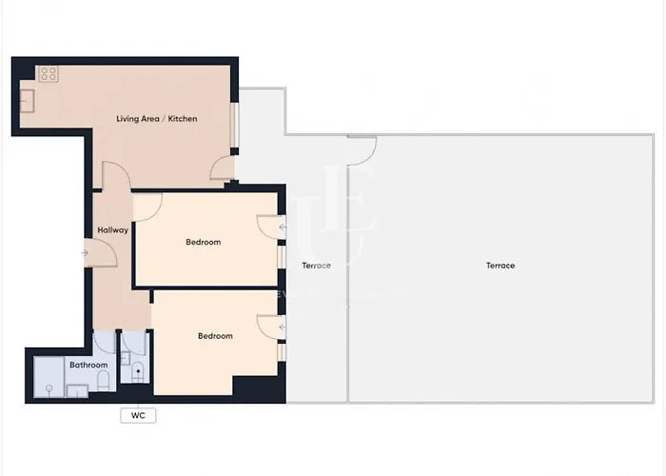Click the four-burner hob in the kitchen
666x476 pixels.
coord(49,73)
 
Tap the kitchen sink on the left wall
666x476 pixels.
coord(28,99)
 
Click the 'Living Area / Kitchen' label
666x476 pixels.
coord(157,119)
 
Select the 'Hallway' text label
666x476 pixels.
coord(112,230)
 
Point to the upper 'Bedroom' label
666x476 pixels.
coord(203,242)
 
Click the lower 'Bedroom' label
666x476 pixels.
coord(215,335)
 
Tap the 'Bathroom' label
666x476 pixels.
coord(88,365)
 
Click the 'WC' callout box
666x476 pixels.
coord(138,415)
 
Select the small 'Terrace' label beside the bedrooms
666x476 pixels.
coord(316,265)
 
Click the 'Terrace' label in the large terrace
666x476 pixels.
coord(500,266)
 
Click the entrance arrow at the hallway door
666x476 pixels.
coord(85,252)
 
